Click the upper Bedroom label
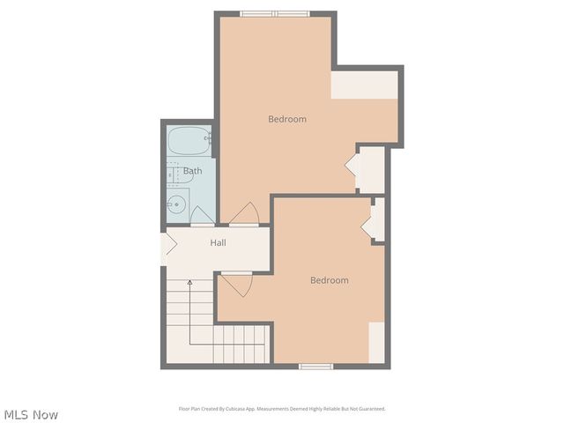click(x=287, y=119)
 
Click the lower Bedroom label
click(x=329, y=280)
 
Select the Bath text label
click(x=192, y=171)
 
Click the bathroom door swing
click(x=200, y=215)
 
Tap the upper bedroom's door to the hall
click(x=244, y=214)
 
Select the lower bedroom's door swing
click(x=236, y=285)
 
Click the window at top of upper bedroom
click(x=275, y=13)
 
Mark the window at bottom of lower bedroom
click(x=315, y=366)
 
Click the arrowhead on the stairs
click(x=189, y=281)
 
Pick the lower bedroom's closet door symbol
click(x=368, y=221)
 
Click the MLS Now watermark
click(x=31, y=414)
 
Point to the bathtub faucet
click(x=208, y=138)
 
